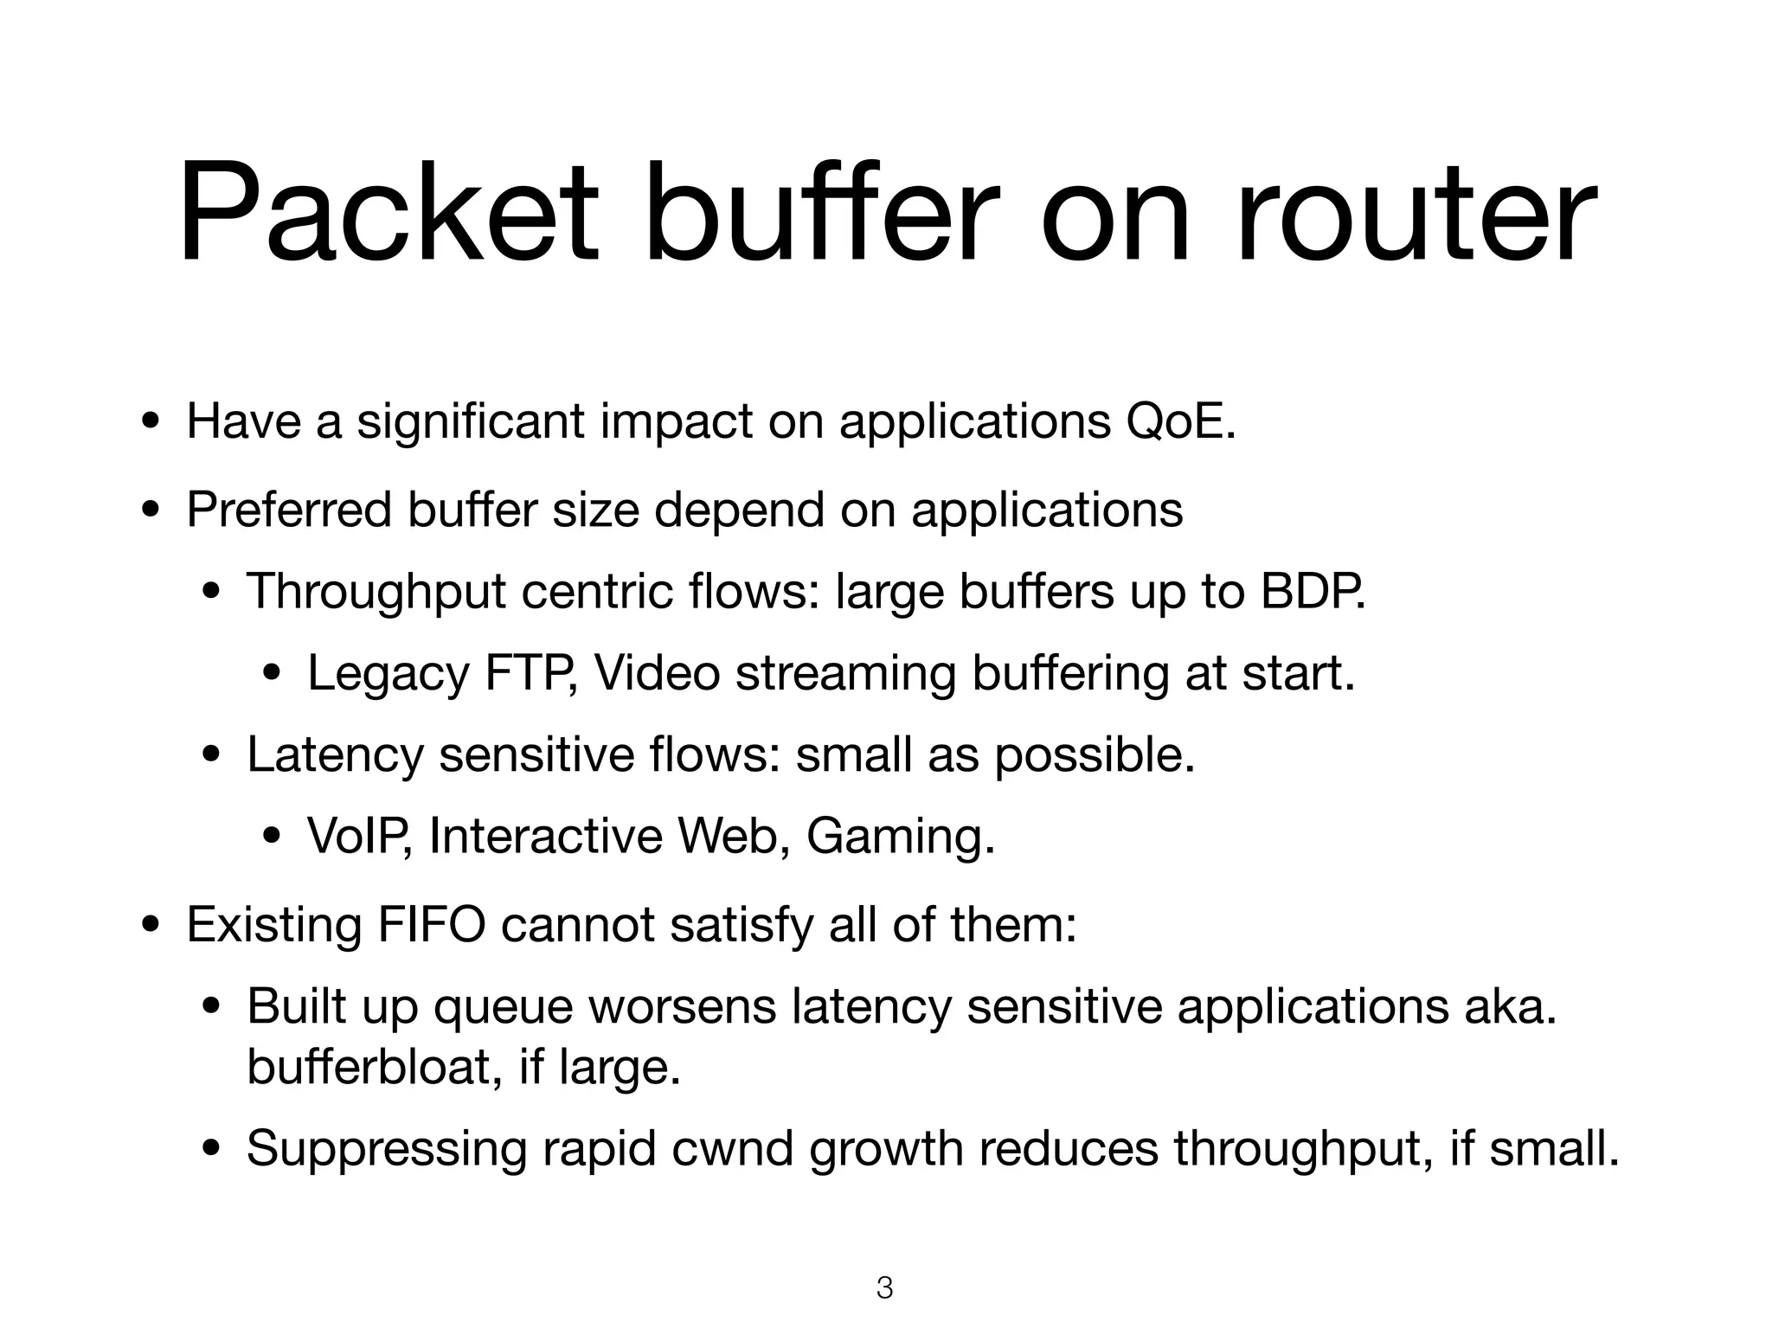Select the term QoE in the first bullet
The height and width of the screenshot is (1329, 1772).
point(1180,421)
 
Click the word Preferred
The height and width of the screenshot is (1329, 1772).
point(289,509)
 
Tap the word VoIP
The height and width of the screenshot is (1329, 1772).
point(358,836)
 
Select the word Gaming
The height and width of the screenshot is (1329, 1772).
point(899,836)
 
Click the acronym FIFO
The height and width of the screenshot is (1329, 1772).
point(431,924)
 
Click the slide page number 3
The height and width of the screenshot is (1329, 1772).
point(884,1288)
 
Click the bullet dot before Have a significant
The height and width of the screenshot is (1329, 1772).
point(151,424)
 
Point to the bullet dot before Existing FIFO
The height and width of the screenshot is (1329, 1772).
point(151,927)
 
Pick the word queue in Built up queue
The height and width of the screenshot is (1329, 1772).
point(503,1008)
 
